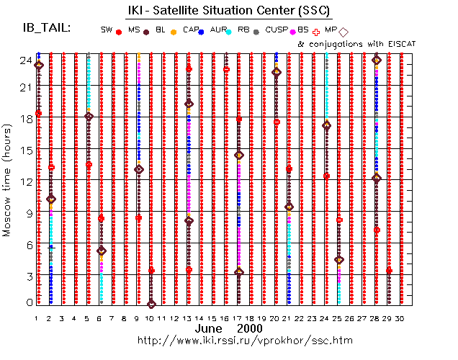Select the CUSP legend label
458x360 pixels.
pyautogui.click(x=277, y=30)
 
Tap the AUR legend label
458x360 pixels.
pyautogui.click(x=216, y=30)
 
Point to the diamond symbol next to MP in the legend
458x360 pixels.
pyautogui.click(x=343, y=32)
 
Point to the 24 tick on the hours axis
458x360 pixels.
pyautogui.click(x=24, y=60)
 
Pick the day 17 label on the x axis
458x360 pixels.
pyautogui.click(x=239, y=318)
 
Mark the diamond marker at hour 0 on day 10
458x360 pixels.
pyautogui.click(x=151, y=305)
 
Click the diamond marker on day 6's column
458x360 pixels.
pyautogui.click(x=102, y=251)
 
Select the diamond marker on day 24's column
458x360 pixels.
pyautogui.click(x=326, y=125)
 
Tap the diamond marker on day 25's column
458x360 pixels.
pyautogui.click(x=339, y=260)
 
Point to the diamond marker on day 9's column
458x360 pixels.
pyautogui.click(x=139, y=169)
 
